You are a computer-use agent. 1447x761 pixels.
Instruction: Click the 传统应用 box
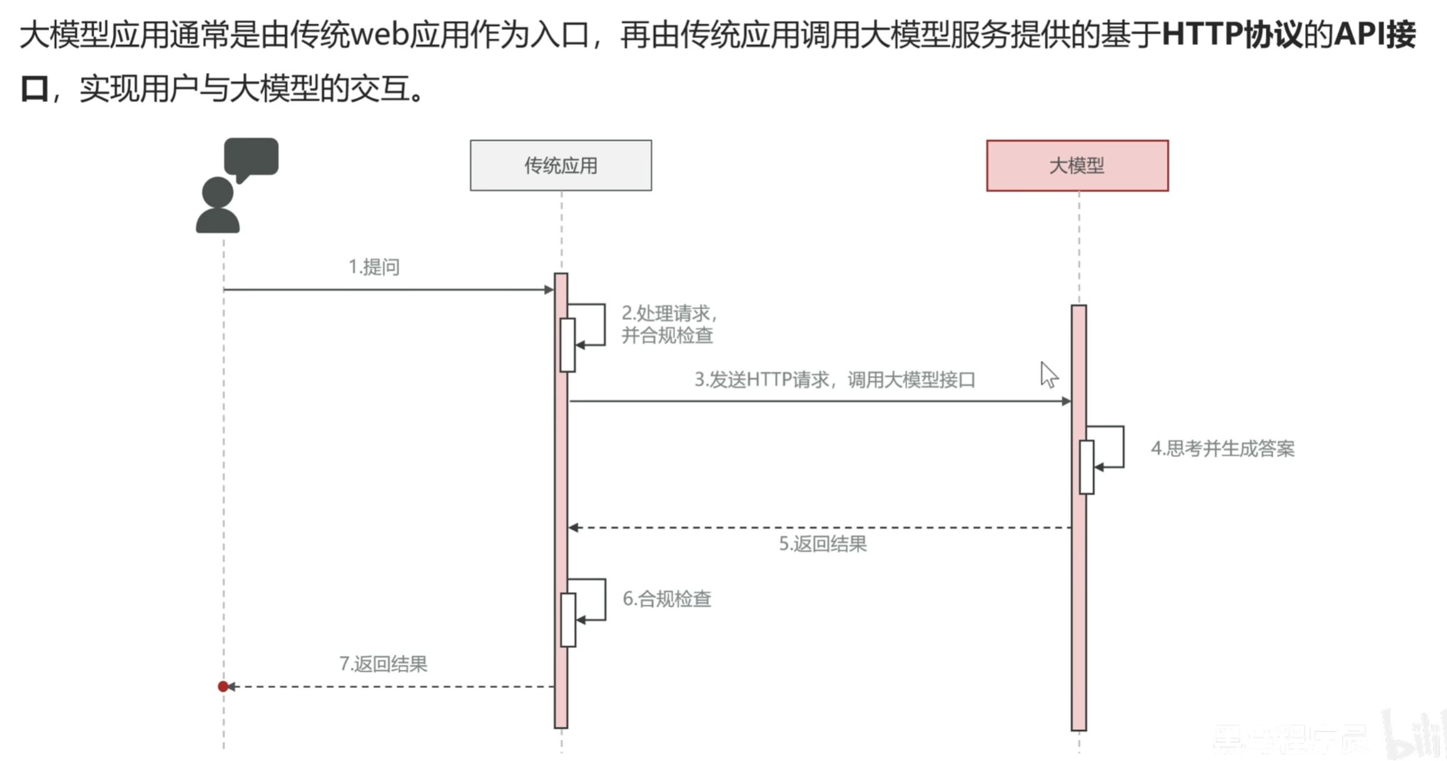(561, 165)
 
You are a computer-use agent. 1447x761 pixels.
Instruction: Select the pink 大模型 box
(1077, 165)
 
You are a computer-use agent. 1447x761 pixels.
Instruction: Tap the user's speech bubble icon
(251, 157)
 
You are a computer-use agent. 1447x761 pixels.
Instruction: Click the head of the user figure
(218, 192)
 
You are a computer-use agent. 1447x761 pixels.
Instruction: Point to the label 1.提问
(373, 267)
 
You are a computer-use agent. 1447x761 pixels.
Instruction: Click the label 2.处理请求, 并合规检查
(668, 324)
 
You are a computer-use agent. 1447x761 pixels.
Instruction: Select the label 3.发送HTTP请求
(834, 380)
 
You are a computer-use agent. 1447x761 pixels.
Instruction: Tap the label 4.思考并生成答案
(1222, 449)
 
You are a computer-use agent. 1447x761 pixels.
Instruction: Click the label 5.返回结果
(822, 544)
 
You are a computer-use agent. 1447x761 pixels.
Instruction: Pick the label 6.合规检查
(666, 599)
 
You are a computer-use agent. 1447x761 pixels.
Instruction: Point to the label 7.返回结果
(383, 663)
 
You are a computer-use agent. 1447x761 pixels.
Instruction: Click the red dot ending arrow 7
(223, 687)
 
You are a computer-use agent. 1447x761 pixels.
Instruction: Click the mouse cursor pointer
(1048, 375)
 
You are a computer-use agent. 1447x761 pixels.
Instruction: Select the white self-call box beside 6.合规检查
(568, 620)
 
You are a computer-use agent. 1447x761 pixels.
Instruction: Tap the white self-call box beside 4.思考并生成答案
(1087, 467)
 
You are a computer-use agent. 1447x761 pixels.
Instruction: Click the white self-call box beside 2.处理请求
(567, 345)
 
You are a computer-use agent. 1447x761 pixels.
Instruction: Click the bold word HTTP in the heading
(1201, 34)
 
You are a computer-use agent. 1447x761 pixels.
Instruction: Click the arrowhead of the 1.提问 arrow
(549, 290)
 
